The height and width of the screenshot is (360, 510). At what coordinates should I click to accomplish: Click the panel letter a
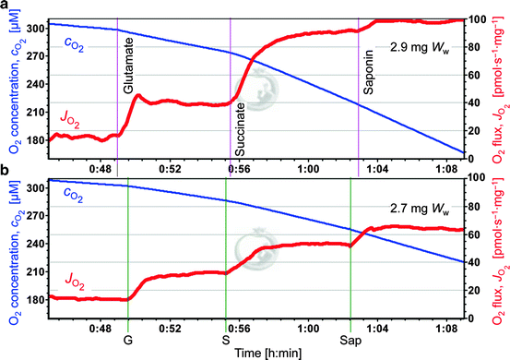tap(6, 7)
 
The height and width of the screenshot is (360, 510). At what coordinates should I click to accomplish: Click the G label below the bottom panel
tap(127, 326)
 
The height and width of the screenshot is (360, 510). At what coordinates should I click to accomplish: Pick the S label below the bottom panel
tap(225, 326)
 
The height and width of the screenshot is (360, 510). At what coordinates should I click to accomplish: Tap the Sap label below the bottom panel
tap(350, 326)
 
